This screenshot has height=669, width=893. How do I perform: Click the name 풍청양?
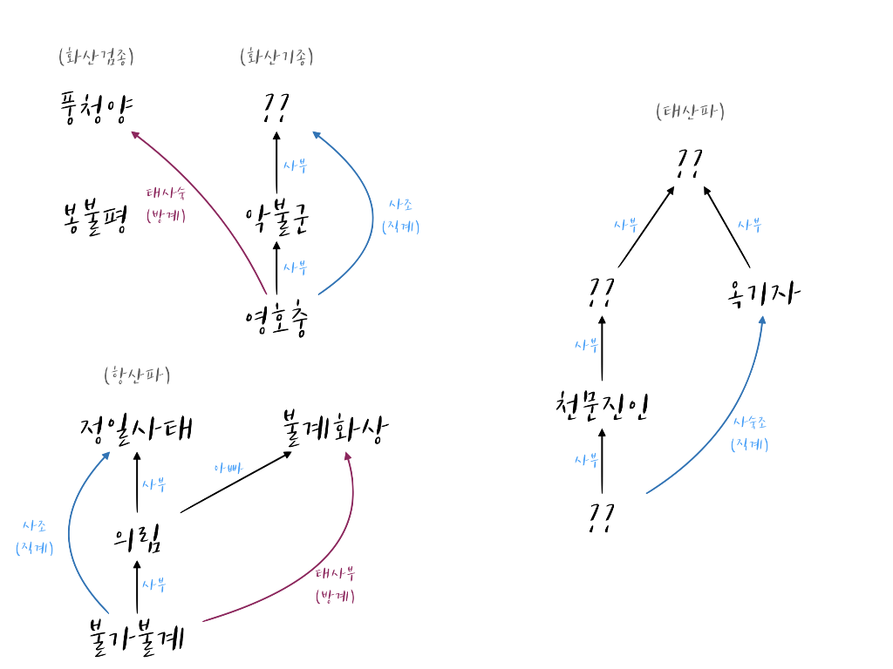coord(95,108)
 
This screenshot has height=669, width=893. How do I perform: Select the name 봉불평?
coord(95,218)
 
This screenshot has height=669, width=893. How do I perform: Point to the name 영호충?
coord(277,319)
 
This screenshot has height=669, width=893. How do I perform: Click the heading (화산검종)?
coord(96,58)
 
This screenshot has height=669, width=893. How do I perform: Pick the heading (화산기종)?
coord(276,57)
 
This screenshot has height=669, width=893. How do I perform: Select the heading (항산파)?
coord(137,375)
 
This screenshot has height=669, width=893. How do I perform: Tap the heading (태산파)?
coord(690,111)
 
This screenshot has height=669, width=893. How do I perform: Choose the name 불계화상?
coord(336,427)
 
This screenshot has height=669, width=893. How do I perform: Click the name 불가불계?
coord(137,638)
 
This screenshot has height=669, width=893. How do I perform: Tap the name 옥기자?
coord(761,290)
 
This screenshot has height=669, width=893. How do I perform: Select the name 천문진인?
coord(603,406)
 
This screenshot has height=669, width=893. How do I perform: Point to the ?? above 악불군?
coord(276,108)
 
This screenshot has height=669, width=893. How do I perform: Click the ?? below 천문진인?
coord(603,517)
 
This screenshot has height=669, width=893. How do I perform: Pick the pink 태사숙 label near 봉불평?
coord(166,193)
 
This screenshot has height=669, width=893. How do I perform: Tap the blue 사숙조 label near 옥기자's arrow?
coord(749,422)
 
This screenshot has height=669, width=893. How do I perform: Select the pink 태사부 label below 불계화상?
coord(335,574)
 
